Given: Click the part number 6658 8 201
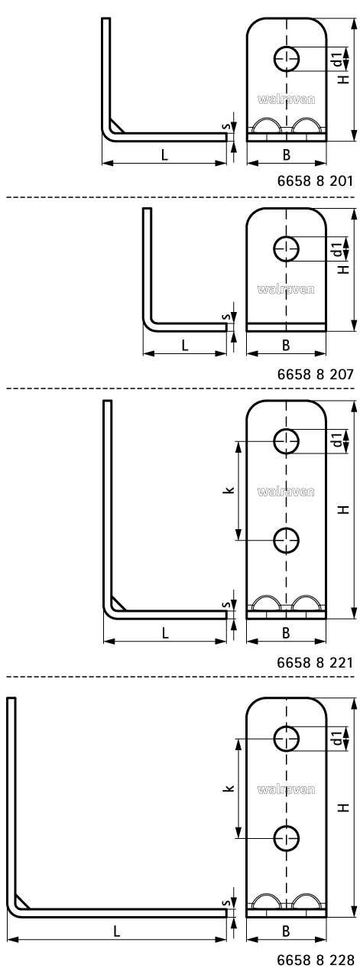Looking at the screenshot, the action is [x=315, y=180].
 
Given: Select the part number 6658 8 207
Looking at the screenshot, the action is [x=315, y=374].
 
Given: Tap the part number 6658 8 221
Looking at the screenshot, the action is [x=315, y=662].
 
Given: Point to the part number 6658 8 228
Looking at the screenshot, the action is [x=315, y=960].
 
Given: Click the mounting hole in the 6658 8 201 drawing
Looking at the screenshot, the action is [x=287, y=58].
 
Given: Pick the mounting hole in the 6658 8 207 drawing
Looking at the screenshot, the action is [x=286, y=249].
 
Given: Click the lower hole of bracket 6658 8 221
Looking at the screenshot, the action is [x=286, y=540].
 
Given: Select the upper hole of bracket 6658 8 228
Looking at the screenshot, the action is [x=286, y=738].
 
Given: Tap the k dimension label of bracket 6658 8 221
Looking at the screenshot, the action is [x=230, y=490].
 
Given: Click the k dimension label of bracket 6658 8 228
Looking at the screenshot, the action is [x=230, y=788].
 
